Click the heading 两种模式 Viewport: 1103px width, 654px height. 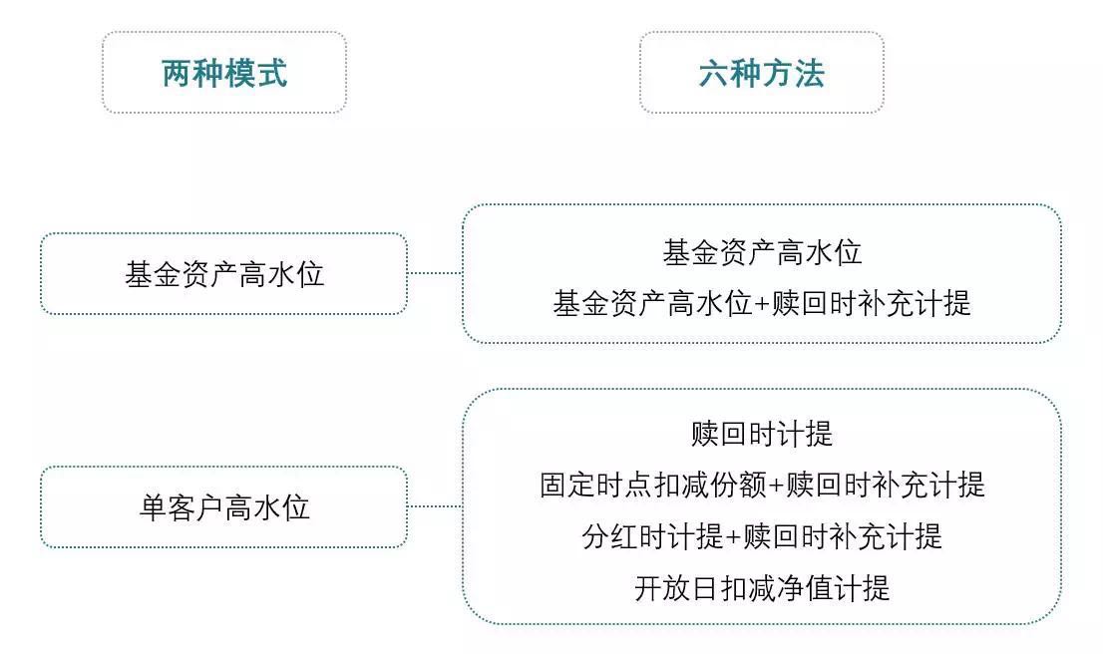224,73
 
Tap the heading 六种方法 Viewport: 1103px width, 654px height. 761,73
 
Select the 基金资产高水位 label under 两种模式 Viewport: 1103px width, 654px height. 224,274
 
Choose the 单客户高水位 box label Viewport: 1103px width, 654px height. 224,507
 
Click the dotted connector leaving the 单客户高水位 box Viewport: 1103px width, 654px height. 435,506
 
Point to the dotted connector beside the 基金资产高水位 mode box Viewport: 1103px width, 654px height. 435,272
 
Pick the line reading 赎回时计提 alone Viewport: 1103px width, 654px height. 761,434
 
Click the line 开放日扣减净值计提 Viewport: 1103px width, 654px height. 761,588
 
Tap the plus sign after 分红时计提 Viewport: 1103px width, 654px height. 733,537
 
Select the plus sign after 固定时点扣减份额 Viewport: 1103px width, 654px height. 776,486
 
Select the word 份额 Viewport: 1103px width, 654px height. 738,486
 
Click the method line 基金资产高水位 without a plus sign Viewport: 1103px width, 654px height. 761,252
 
